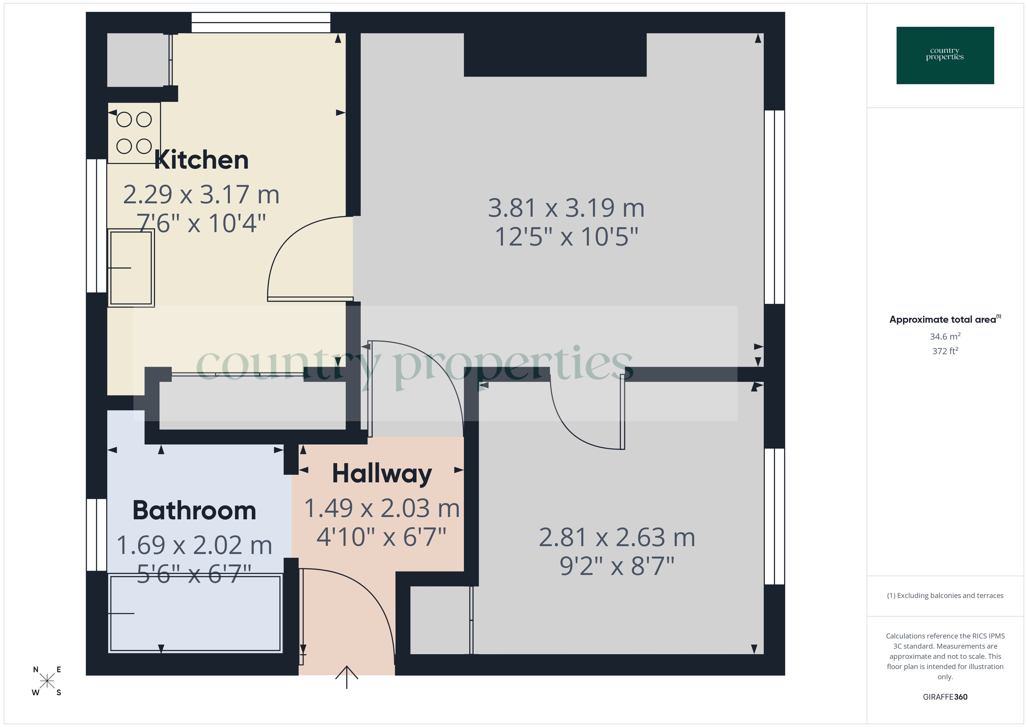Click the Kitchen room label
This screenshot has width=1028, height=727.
[201, 160]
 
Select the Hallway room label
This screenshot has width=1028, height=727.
[382, 474]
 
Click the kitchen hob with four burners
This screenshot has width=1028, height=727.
[134, 133]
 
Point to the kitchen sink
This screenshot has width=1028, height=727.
[131, 268]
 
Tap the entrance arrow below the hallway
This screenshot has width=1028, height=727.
[346, 676]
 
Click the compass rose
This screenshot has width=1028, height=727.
[47, 681]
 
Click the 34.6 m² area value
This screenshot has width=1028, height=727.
[945, 336]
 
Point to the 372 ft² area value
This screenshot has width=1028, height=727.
[945, 351]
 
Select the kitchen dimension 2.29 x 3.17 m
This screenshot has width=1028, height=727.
[201, 195]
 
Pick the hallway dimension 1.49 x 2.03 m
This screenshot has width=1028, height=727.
[382, 509]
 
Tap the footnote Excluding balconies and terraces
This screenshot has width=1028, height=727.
[945, 595]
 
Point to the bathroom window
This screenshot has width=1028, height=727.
[96, 535]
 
